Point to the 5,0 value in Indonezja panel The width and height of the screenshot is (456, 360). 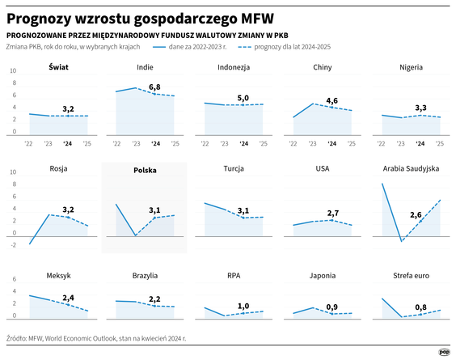[243, 98]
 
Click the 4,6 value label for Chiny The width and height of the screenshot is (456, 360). [331, 100]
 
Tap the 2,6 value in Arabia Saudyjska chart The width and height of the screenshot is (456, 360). [416, 215]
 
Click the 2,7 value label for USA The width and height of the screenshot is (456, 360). [331, 213]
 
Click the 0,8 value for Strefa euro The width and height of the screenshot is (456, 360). [420, 307]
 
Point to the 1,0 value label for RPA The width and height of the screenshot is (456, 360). [243, 306]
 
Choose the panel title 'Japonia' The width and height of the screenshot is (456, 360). [323, 275]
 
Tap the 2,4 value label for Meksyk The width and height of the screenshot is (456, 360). [69, 297]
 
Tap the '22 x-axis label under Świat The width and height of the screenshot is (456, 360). [28, 143]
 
